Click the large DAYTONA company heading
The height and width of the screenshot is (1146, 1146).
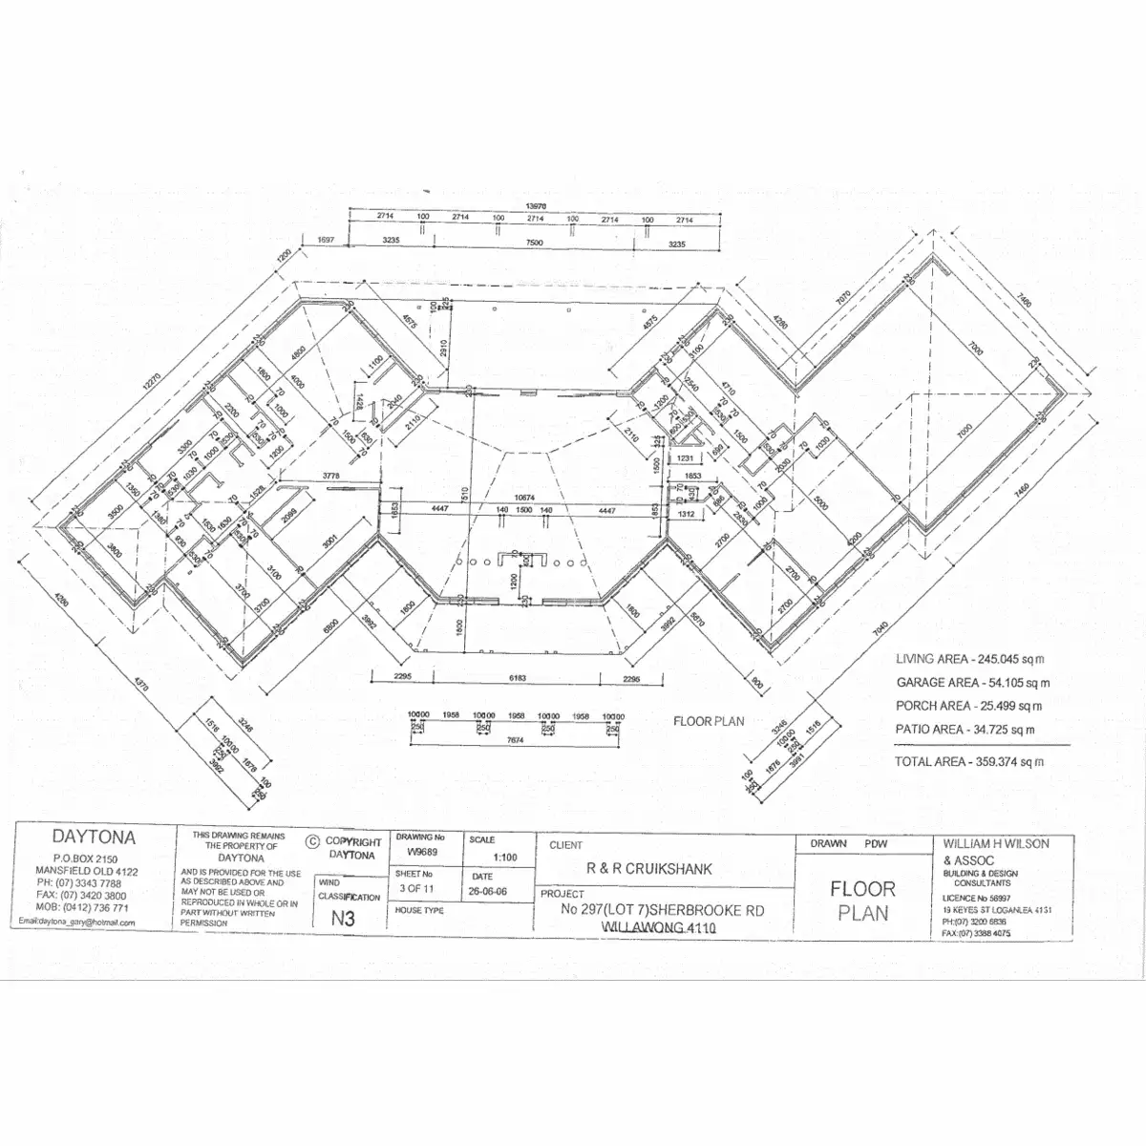pos(93,838)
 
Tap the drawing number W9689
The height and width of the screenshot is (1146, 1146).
pos(421,852)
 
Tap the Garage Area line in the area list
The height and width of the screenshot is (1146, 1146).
pos(972,683)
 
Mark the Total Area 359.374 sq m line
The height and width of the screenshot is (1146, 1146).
pos(968,762)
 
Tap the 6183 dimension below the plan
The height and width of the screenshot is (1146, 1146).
pos(516,677)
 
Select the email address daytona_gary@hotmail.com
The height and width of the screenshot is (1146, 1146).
pos(77,923)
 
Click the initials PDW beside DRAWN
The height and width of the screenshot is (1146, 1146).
pos(875,845)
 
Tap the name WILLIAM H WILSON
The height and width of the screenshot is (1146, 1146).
pos(995,844)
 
